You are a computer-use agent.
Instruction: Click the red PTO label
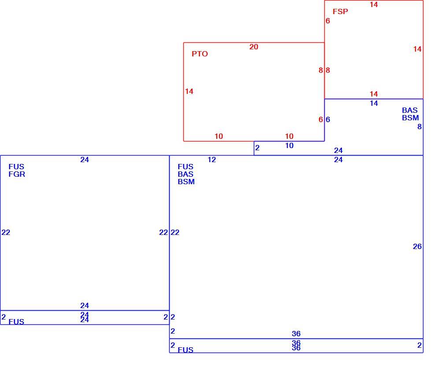(200, 54)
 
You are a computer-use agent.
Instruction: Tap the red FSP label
(340, 11)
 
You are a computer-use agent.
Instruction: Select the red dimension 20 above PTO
(254, 47)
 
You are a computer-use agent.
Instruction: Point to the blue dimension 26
(417, 246)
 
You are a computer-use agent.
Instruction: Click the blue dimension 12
(212, 160)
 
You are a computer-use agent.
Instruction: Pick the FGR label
(17, 174)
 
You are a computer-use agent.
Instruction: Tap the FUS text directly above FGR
(16, 167)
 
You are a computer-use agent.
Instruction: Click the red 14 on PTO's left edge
(189, 91)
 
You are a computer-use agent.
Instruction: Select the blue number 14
(374, 103)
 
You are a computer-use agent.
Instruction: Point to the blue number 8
(419, 126)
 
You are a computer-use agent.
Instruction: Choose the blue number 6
(328, 119)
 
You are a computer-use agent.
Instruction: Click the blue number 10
(289, 145)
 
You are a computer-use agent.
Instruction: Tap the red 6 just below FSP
(328, 21)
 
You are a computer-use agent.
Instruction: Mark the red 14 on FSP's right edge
(417, 49)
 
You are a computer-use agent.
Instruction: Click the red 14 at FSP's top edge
(374, 4)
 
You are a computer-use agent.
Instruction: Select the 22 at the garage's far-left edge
(6, 233)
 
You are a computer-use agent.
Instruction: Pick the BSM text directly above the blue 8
(410, 118)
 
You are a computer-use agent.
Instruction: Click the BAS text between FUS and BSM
(185, 174)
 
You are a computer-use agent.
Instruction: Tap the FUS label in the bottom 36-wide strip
(185, 350)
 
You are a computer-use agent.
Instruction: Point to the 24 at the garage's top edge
(85, 160)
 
